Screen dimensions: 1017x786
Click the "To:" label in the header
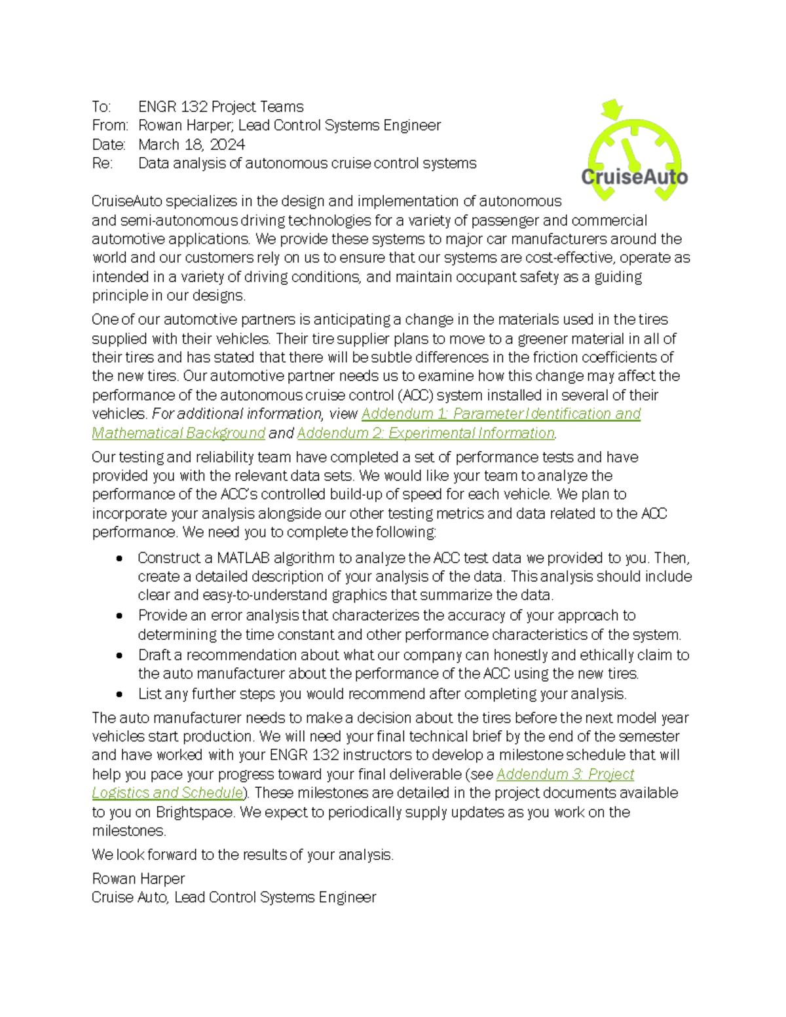click(102, 107)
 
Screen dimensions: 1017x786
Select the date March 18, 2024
click(191, 145)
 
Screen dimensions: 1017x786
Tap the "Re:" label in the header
click(102, 164)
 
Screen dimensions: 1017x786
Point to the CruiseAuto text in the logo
click(634, 177)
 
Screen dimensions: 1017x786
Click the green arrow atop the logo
click(612, 109)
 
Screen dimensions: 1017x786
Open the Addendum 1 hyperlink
click(500, 414)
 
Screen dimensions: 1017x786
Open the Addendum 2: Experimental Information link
click(426, 434)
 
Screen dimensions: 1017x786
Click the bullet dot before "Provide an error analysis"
click(119, 616)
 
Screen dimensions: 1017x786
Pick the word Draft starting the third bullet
click(155, 656)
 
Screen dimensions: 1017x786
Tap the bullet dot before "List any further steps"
click(119, 694)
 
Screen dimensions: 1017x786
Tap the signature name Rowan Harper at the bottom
click(138, 879)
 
